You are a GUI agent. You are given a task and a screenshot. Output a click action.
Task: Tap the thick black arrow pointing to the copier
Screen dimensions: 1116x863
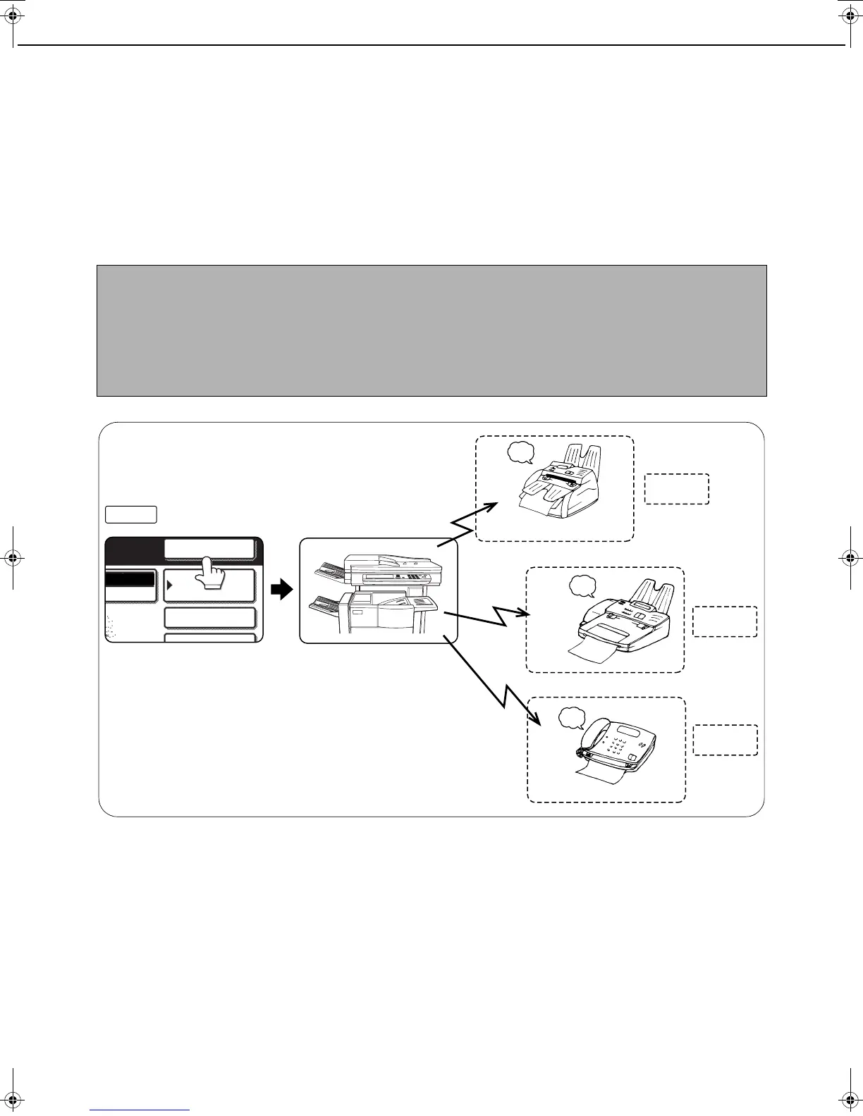click(282, 590)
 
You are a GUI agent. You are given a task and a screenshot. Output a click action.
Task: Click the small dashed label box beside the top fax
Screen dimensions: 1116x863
click(677, 489)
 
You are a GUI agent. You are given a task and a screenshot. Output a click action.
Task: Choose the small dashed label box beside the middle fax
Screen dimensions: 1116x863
click(725, 621)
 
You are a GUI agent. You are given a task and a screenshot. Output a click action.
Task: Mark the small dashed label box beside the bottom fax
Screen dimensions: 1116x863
click(725, 740)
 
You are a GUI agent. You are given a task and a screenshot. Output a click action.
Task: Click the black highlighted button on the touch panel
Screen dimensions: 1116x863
click(129, 579)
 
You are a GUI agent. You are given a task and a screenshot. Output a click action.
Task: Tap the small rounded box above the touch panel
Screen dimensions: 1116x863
click(131, 514)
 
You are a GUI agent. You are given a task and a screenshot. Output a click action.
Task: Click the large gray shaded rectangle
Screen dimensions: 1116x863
click(432, 330)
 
